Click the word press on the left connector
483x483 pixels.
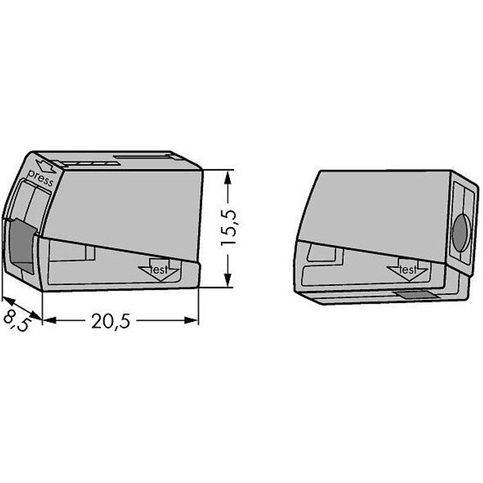[41, 179]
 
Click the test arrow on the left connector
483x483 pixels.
[159, 270]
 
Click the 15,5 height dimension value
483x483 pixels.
[228, 226]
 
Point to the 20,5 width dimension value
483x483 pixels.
[111, 321]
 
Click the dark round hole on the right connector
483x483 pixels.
[461, 232]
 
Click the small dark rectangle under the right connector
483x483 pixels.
[416, 295]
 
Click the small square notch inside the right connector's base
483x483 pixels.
[319, 252]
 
